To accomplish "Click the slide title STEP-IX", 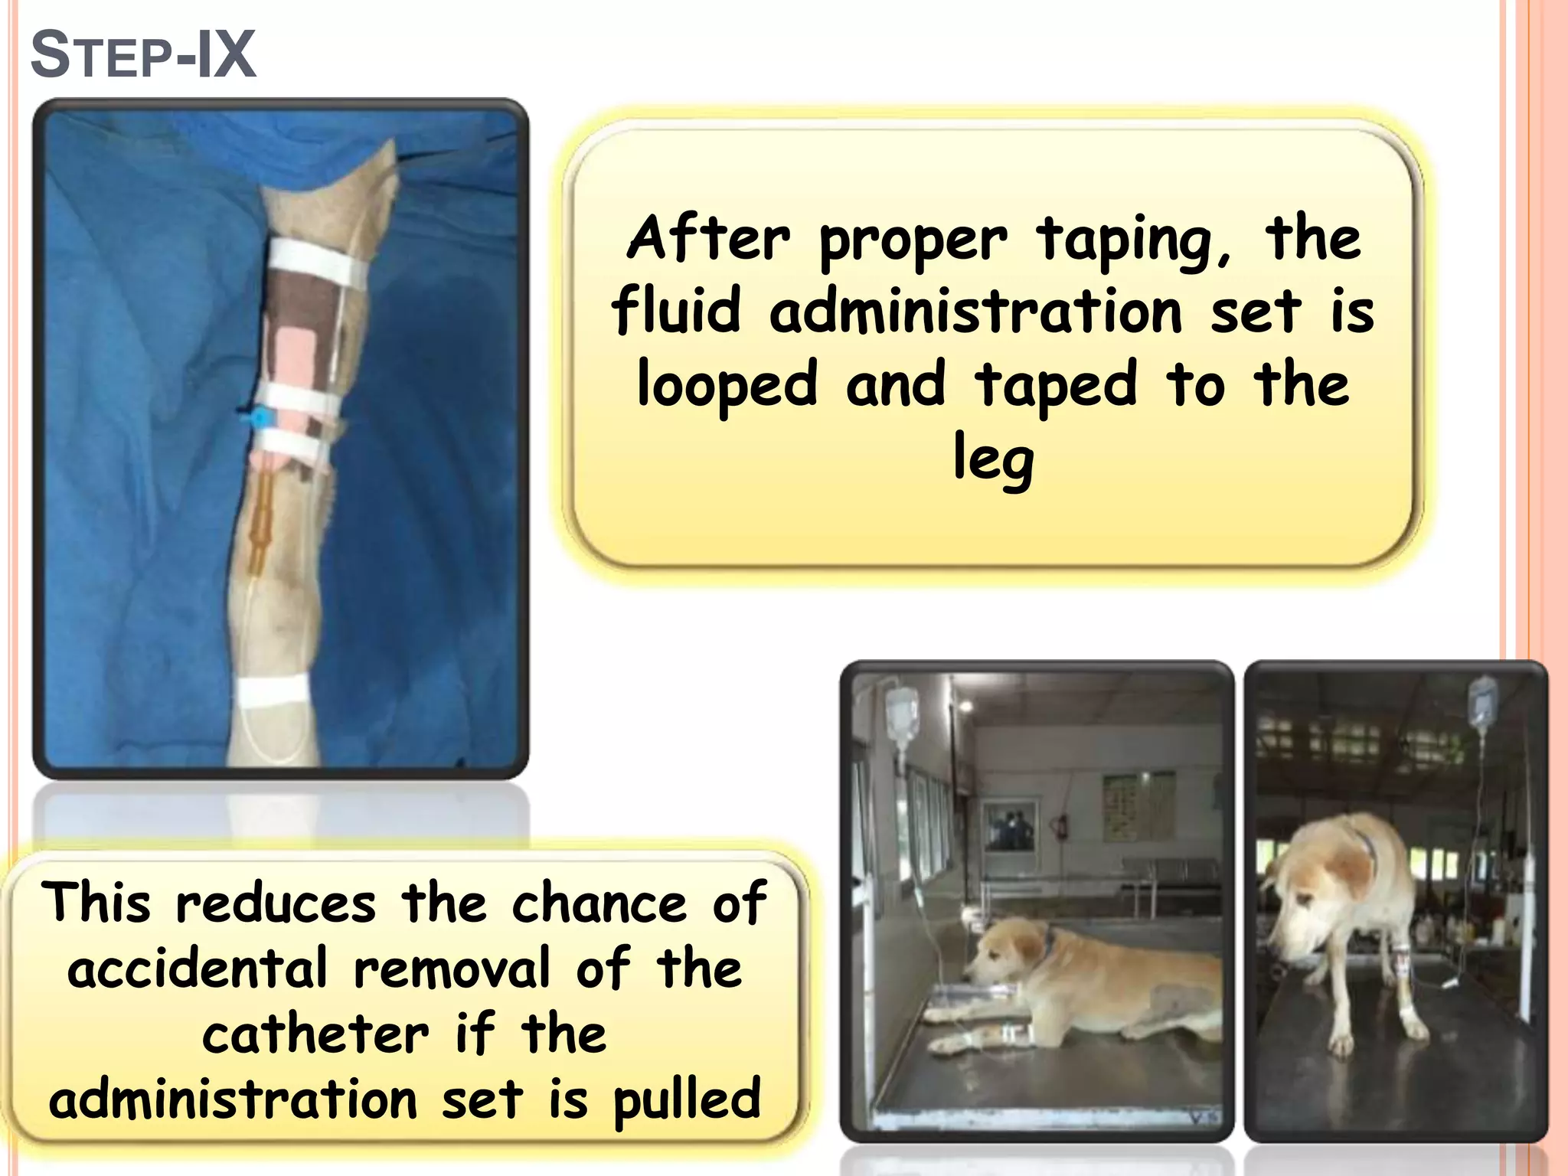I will [x=143, y=55].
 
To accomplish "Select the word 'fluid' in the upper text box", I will [x=677, y=312].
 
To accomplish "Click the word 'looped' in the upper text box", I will [x=727, y=385].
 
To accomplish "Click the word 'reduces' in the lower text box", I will [x=276, y=903].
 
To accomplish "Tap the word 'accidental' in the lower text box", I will [x=198, y=969].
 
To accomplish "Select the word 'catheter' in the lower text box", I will [x=315, y=1035].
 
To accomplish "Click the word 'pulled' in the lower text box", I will [x=687, y=1101].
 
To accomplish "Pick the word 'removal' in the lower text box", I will [x=452, y=969].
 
